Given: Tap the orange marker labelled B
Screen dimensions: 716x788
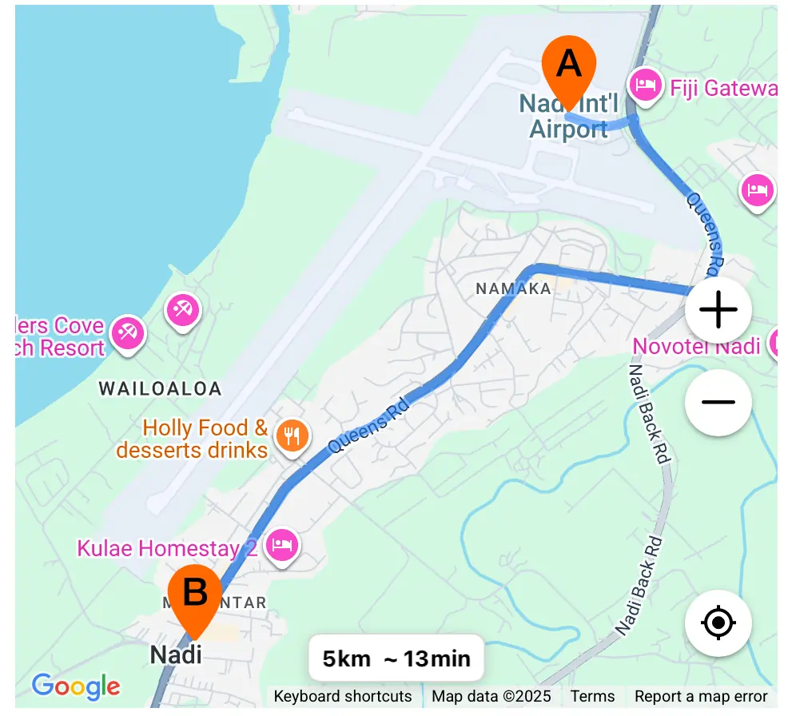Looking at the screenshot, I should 195,596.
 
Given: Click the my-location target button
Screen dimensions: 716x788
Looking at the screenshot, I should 718,623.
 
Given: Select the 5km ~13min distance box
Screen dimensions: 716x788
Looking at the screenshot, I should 396,658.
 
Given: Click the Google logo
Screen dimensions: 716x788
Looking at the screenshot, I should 76,686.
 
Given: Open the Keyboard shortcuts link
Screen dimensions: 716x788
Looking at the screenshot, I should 343,696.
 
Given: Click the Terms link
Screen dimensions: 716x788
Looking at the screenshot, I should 592,696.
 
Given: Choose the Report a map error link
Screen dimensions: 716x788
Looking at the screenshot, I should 701,696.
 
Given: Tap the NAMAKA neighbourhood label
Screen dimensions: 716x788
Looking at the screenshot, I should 514,288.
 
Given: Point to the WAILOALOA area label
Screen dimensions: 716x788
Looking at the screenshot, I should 160,389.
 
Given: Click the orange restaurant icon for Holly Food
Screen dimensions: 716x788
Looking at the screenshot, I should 292,436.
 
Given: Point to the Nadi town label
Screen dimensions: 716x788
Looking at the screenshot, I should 176,655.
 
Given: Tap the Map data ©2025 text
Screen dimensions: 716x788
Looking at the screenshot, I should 492,696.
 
